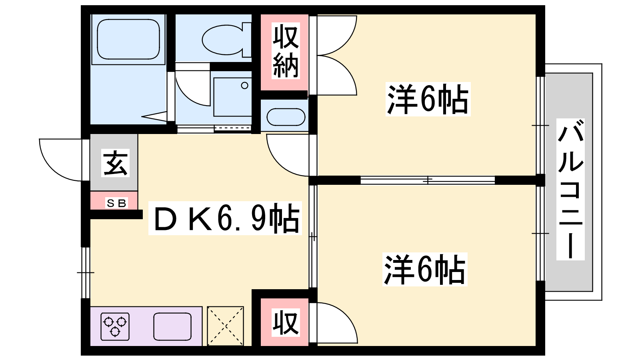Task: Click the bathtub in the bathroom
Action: tap(128, 39)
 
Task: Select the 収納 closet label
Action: tap(286, 52)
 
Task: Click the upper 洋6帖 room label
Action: tap(428, 99)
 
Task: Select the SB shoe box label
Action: tap(116, 203)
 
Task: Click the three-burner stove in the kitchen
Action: tap(115, 326)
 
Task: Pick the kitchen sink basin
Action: tap(172, 326)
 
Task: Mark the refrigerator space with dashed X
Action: tap(225, 326)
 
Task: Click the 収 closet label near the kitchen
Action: tap(285, 322)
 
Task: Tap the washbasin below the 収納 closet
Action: tap(286, 117)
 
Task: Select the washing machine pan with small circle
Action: tap(232, 96)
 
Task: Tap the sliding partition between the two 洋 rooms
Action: tap(428, 180)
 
